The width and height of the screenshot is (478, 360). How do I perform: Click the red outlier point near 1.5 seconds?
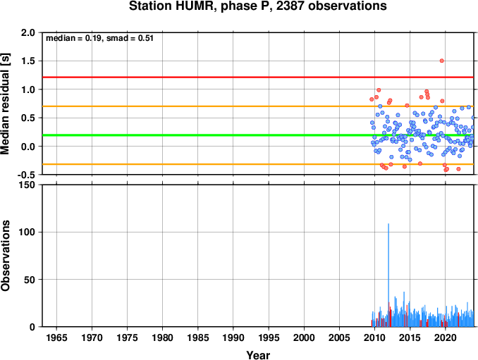[x=442, y=61]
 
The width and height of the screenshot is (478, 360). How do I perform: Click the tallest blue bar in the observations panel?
[x=388, y=275]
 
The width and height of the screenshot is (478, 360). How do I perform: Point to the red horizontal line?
[x=258, y=77]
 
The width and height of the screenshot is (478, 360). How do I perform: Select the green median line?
[x=258, y=135]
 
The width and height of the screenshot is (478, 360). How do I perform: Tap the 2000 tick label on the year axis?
[x=304, y=337]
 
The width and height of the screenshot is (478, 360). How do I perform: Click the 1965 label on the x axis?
[x=56, y=337]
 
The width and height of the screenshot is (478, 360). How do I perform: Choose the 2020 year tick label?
[x=446, y=337]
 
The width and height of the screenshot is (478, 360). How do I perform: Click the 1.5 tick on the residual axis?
[x=28, y=61]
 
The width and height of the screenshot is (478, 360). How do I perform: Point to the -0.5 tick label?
[x=26, y=175]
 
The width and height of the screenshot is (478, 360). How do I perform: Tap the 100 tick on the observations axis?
[x=27, y=232]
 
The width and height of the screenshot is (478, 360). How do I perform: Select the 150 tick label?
[x=27, y=185]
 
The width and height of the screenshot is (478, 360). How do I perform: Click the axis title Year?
[x=258, y=355]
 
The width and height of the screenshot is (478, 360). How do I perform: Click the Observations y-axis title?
[x=6, y=256]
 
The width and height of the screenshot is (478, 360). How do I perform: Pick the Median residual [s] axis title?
[x=6, y=104]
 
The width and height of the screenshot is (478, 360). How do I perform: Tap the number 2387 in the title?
[x=290, y=6]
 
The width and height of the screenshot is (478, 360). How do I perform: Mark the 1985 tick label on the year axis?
[x=198, y=337]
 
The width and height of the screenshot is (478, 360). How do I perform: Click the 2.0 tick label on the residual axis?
[x=28, y=32]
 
